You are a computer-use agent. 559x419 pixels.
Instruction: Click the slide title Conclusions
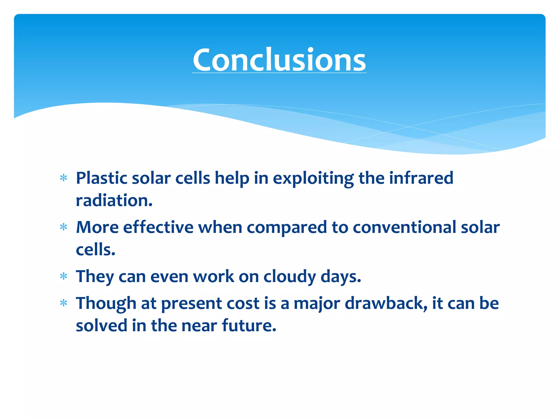click(x=279, y=60)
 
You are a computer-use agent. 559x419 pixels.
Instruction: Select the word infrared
click(x=421, y=178)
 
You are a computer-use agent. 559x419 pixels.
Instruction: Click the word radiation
click(x=114, y=200)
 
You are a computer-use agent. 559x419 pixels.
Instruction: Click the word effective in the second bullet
click(x=158, y=227)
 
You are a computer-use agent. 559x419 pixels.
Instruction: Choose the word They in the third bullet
click(x=95, y=277)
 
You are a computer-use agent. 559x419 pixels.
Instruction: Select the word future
click(x=249, y=325)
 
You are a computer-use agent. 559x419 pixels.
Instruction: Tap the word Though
click(x=106, y=304)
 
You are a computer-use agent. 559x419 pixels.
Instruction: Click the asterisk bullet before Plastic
click(x=64, y=178)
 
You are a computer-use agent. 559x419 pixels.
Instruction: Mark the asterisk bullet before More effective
click(x=64, y=227)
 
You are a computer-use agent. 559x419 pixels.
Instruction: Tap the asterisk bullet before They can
click(x=64, y=276)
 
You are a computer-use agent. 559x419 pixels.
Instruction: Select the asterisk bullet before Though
click(x=64, y=303)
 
